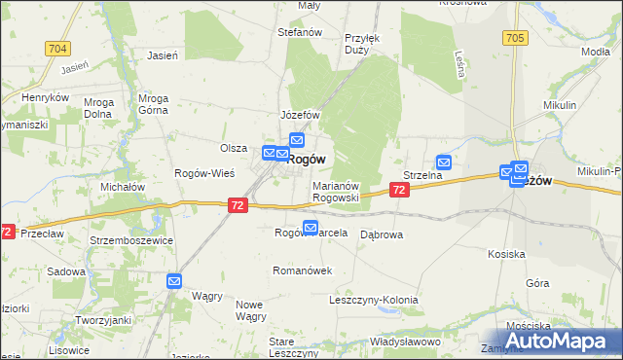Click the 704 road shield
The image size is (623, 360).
click(x=57, y=47)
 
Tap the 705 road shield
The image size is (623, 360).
click(x=516, y=38)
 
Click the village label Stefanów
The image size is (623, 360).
click(x=300, y=32)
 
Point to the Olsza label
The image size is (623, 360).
click(x=234, y=148)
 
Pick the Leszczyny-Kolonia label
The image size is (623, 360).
click(x=378, y=301)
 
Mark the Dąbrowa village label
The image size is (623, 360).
click(x=382, y=234)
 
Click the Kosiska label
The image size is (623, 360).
click(x=507, y=254)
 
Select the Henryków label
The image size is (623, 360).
click(x=45, y=98)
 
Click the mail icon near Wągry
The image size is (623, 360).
click(x=174, y=282)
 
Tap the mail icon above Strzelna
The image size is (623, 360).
click(x=444, y=162)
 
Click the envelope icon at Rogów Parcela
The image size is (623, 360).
click(x=311, y=229)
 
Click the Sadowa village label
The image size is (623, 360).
click(x=65, y=271)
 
